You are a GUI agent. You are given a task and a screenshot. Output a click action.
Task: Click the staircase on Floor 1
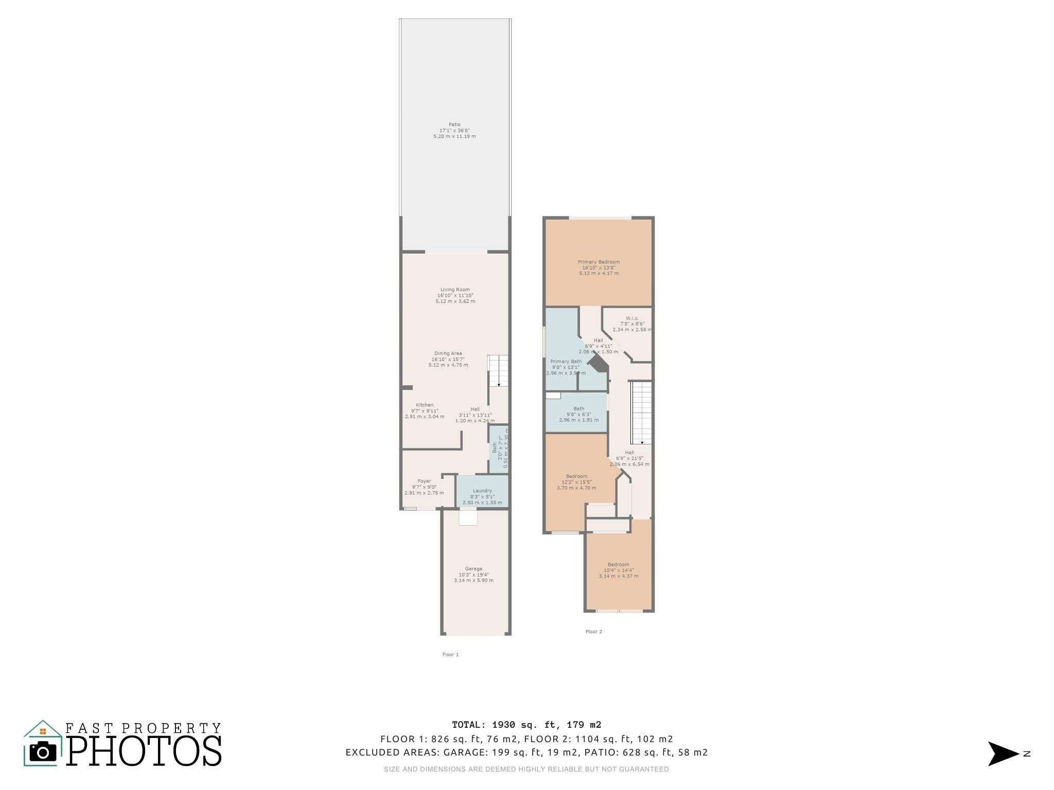(x=498, y=370)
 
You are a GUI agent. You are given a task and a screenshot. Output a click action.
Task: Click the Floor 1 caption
(x=450, y=654)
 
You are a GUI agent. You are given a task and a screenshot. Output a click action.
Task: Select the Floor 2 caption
(x=593, y=632)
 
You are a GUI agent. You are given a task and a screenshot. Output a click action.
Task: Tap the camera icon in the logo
(x=43, y=752)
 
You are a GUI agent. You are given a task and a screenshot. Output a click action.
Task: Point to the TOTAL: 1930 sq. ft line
(x=526, y=725)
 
